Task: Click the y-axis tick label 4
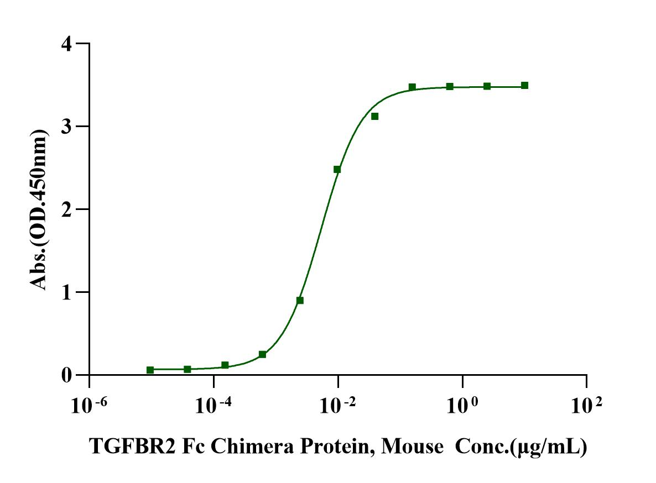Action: click(x=67, y=44)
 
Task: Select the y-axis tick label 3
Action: click(x=67, y=127)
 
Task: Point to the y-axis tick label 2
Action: click(x=67, y=209)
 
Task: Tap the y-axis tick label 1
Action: click(x=67, y=292)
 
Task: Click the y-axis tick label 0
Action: click(x=67, y=375)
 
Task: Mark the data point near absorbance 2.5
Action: click(x=337, y=169)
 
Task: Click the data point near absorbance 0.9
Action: click(x=300, y=301)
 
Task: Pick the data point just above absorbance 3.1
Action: click(x=374, y=116)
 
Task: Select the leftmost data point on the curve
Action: click(x=150, y=370)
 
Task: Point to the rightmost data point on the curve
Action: click(x=524, y=86)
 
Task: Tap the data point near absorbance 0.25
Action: click(x=262, y=354)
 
